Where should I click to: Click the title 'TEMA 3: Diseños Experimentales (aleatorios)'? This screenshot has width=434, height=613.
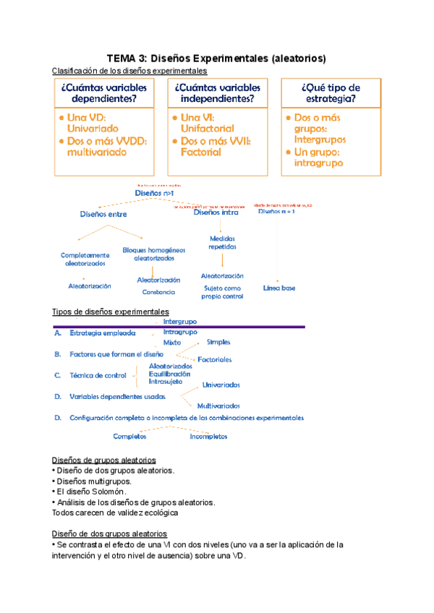[216, 58]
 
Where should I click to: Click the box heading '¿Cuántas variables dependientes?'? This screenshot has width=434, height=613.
[105, 93]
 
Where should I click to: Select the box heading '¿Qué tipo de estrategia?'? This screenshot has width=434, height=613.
[331, 93]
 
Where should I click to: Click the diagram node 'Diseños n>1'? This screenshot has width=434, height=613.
[154, 194]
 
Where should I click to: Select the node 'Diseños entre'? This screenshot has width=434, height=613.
[103, 214]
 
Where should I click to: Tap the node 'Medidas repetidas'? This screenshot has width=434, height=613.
[223, 242]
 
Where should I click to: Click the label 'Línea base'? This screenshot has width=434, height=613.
[279, 288]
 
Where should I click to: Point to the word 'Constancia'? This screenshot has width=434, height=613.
[159, 292]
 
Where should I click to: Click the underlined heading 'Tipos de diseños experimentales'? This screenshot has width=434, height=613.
[111, 312]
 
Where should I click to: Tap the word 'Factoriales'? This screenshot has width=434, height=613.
[215, 359]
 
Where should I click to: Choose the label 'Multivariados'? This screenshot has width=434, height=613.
[218, 406]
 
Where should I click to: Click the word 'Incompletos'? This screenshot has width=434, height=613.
[208, 437]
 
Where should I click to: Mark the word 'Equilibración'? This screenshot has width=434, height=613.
[171, 374]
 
